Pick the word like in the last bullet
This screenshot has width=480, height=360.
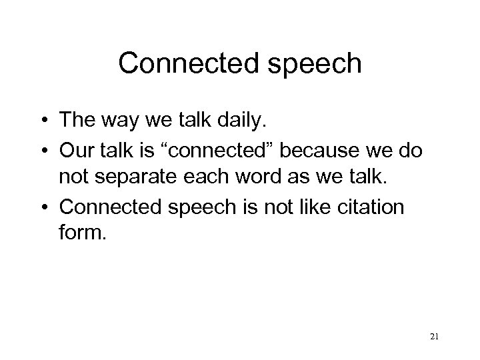click(x=310, y=206)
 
